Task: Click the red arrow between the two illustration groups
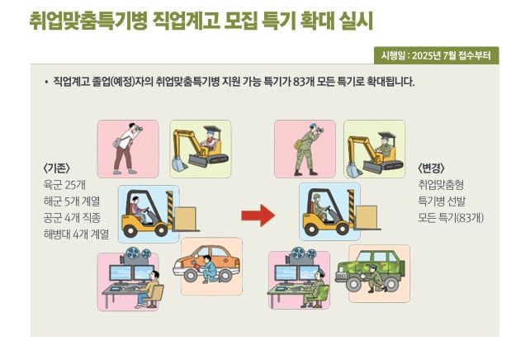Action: [x=258, y=216]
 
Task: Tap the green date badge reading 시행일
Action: [x=437, y=55]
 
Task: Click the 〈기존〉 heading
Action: [x=56, y=168]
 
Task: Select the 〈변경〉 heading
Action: [x=431, y=168]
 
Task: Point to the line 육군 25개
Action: [x=64, y=185]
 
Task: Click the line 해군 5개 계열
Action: [x=72, y=201]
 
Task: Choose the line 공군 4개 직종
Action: [x=72, y=218]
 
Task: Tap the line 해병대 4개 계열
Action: [x=76, y=234]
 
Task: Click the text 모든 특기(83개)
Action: [x=451, y=218]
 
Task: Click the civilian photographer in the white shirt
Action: [x=126, y=149]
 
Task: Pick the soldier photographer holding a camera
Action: [x=308, y=149]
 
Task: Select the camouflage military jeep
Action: [x=370, y=272]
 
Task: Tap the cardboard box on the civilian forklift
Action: [x=185, y=219]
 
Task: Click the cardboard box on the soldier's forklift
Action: [x=367, y=218]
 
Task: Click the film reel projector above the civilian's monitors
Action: [x=135, y=256]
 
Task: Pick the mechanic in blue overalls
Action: [x=207, y=269]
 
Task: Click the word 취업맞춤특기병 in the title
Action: [x=88, y=21]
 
